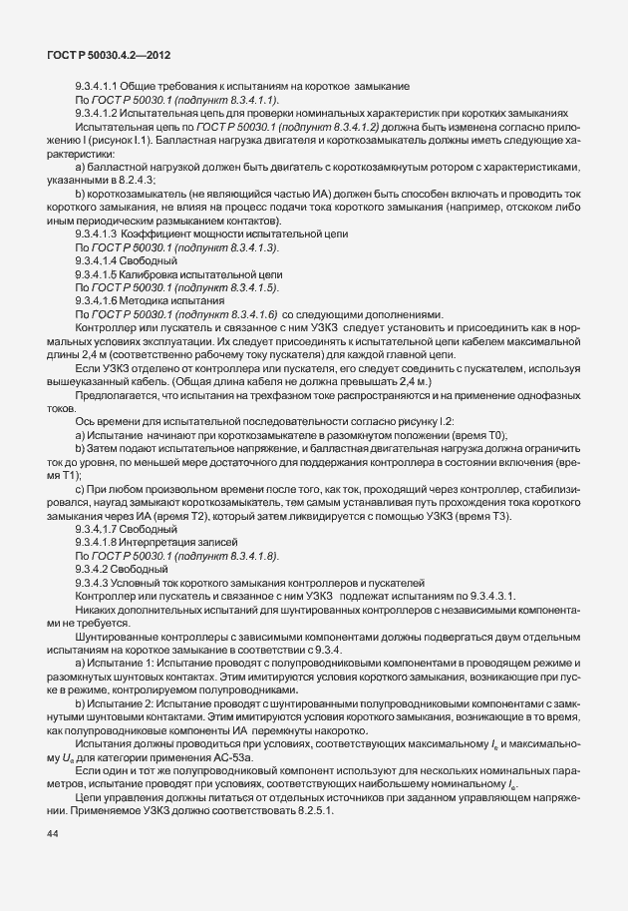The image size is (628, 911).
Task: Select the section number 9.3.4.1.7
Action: point(98,530)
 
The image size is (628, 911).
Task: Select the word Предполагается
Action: point(122,396)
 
